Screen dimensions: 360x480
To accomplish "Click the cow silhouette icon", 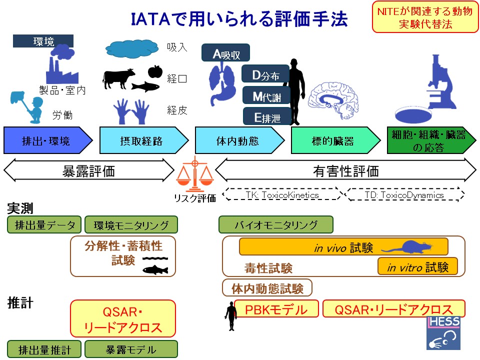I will pyautogui.click(x=118, y=78).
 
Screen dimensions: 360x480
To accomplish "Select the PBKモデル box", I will pyautogui.click(x=276, y=309).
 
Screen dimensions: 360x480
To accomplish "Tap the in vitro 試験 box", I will pyautogui.click(x=417, y=267).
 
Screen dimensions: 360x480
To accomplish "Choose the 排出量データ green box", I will pyautogui.click(x=44, y=225).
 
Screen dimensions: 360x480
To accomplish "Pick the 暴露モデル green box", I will pyautogui.click(x=131, y=349).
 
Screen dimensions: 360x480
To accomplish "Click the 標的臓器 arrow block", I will pyautogui.click(x=335, y=140).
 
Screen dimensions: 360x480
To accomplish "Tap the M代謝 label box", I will pyautogui.click(x=266, y=95).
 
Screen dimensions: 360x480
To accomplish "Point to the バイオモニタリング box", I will pyautogui.click(x=276, y=225).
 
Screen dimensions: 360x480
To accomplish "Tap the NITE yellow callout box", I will pyautogui.click(x=425, y=17).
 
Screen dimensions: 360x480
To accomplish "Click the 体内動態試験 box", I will pyautogui.click(x=267, y=288).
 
